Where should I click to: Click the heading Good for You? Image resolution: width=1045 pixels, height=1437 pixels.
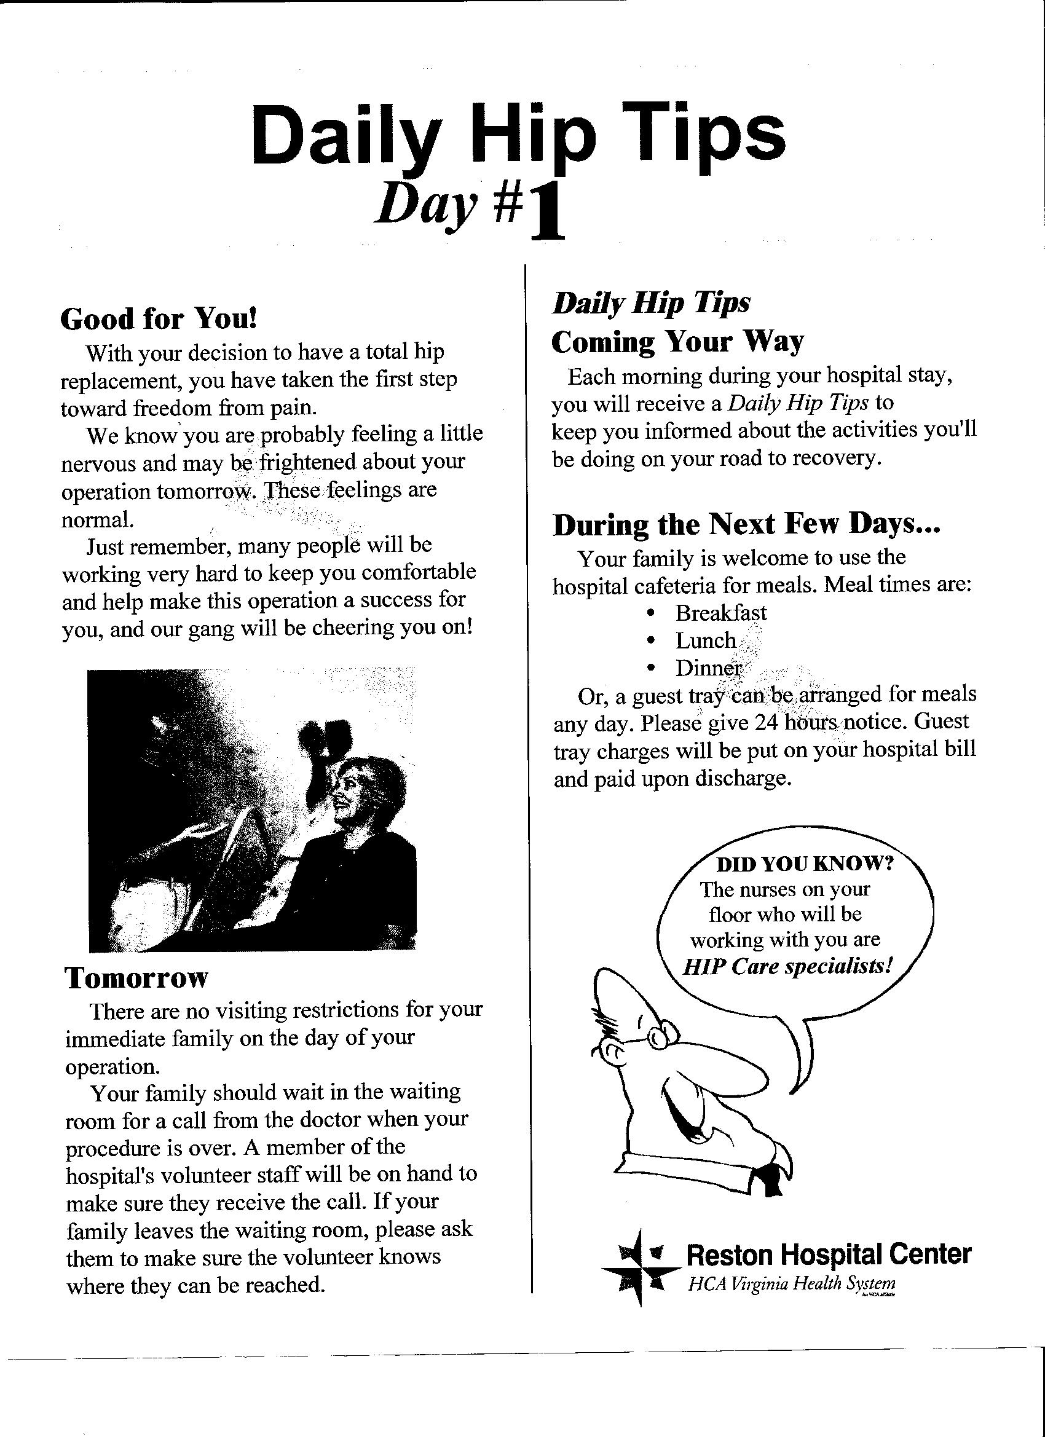pyautogui.click(x=159, y=319)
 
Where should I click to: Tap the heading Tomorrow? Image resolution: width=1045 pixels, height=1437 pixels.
pyautogui.click(x=136, y=978)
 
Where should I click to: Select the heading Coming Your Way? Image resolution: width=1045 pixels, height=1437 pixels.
pyautogui.click(x=677, y=343)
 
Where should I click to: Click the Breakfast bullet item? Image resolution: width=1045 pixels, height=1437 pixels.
pyautogui.click(x=720, y=613)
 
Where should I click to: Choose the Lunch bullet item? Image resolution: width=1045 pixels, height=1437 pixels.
pyautogui.click(x=705, y=640)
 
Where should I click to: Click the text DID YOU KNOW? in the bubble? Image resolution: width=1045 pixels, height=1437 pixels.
pyautogui.click(x=804, y=864)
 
